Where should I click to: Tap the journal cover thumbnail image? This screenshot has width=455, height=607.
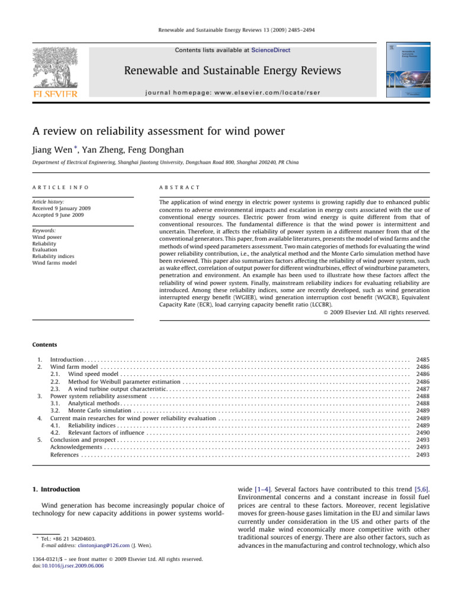pyautogui.click(x=409, y=70)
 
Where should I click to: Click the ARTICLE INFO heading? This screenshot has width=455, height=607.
pyautogui.click(x=60, y=187)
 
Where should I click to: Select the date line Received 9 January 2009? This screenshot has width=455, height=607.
pyautogui.click(x=62, y=209)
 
